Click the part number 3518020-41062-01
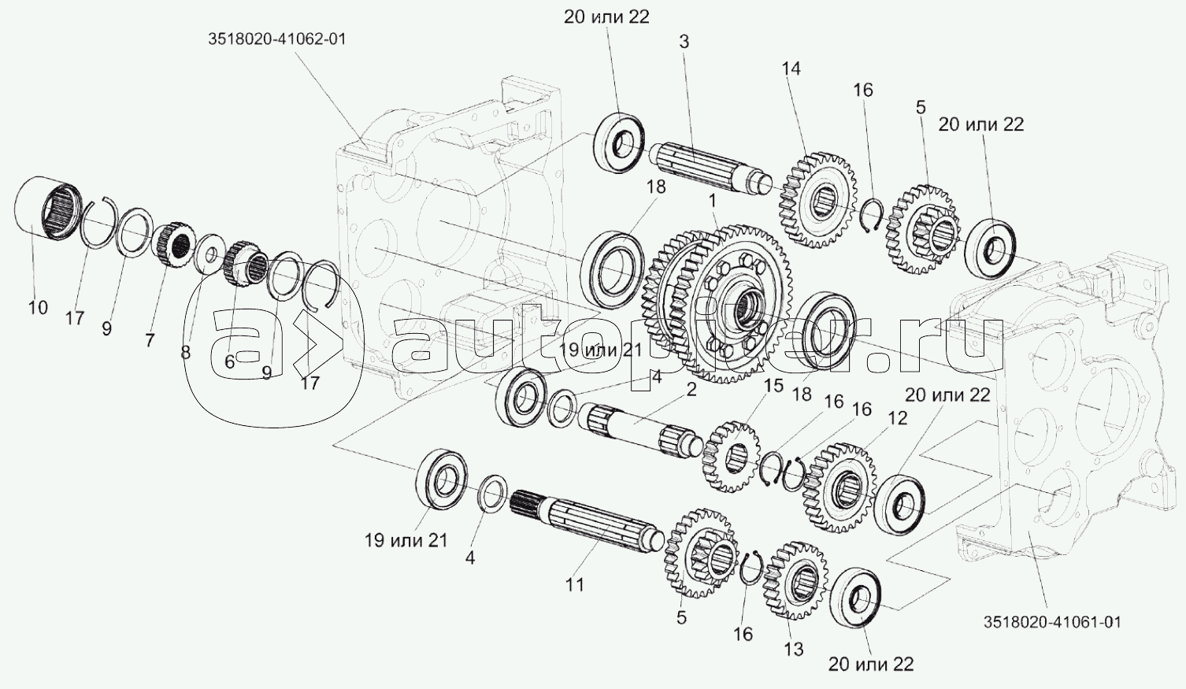pyautogui.click(x=276, y=39)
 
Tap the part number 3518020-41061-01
pyautogui.click(x=1053, y=622)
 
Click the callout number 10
pyautogui.click(x=38, y=307)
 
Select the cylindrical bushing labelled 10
pyautogui.click(x=48, y=208)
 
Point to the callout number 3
pyautogui.click(x=684, y=42)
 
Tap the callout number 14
pyautogui.click(x=791, y=69)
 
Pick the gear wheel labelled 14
pyautogui.click(x=817, y=201)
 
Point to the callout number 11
pyautogui.click(x=574, y=585)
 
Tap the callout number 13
pyautogui.click(x=793, y=650)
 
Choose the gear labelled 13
pyautogui.click(x=795, y=580)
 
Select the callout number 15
pyautogui.click(x=773, y=386)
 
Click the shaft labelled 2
pyautogui.click(x=643, y=431)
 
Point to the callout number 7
pyautogui.click(x=150, y=340)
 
